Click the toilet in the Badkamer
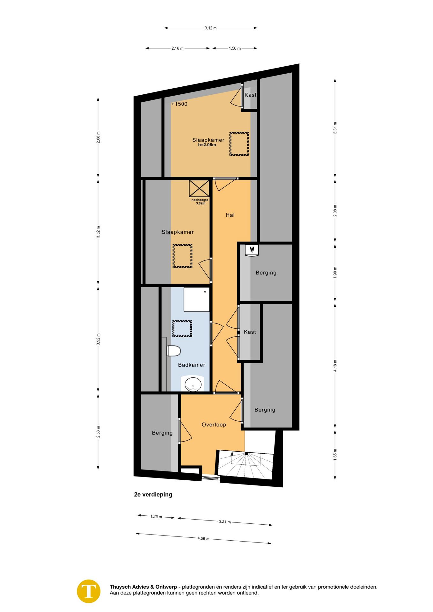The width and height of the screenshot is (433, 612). tap(173, 351)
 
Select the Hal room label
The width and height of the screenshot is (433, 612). tap(230, 215)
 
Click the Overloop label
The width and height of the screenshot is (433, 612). tap(214, 425)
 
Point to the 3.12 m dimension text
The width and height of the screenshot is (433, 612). tap(210, 28)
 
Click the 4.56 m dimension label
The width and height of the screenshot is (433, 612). tap(203, 538)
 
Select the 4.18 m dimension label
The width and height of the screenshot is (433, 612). tap(335, 366)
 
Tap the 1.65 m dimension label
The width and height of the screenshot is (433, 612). tap(335, 455)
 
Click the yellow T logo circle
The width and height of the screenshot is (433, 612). tap(89, 591)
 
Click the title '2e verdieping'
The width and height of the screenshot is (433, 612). tap(153, 494)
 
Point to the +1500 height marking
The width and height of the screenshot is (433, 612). tap(179, 104)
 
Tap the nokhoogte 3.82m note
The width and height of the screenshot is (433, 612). tap(200, 201)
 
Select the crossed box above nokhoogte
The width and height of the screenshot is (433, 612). tap(199, 188)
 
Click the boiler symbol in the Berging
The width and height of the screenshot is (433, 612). tap(252, 250)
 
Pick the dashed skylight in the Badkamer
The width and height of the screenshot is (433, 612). tap(182, 329)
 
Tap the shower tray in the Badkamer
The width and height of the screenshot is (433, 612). tap(196, 300)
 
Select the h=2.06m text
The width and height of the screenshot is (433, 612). tap(207, 145)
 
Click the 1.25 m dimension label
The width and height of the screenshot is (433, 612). tap(156, 516)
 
